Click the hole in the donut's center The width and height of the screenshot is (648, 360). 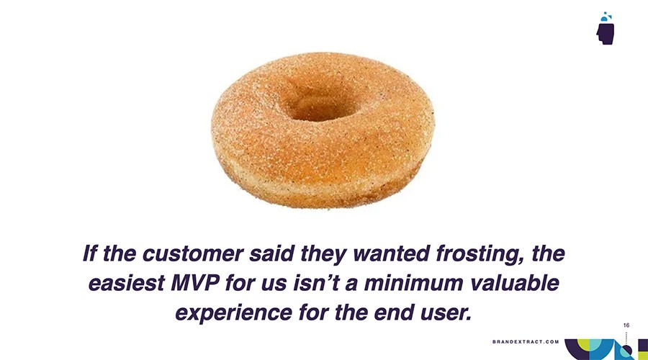(x=317, y=105)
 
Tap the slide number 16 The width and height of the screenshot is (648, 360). (x=626, y=326)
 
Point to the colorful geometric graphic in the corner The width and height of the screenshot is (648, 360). (x=605, y=348)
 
